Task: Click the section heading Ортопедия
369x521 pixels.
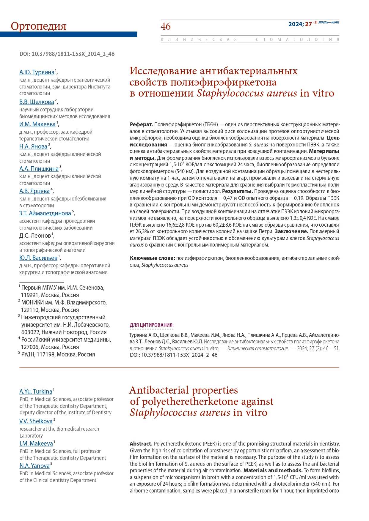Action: [x=38, y=26]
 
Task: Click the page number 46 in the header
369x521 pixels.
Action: [x=166, y=26]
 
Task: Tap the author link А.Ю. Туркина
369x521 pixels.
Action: [x=37, y=72]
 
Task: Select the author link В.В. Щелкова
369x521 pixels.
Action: [x=37, y=102]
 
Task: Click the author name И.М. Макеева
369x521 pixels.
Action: [x=37, y=124]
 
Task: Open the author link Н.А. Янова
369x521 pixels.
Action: [x=33, y=146]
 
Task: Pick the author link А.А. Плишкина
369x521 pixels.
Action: [x=39, y=169]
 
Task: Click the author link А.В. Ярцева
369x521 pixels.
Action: [x=34, y=191]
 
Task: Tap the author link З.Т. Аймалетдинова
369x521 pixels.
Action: [x=45, y=213]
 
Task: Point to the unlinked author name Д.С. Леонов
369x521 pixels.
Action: [x=35, y=236]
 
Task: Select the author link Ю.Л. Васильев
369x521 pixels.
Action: [x=38, y=258]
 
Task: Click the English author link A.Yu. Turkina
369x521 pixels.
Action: [x=36, y=391]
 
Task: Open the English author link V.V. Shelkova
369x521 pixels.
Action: [x=36, y=421]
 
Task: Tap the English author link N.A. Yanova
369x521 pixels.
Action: [x=34, y=466]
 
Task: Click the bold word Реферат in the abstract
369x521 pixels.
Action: [x=141, y=124]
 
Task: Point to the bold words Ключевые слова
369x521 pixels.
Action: [x=152, y=258]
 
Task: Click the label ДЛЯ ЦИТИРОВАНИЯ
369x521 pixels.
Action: [x=152, y=325]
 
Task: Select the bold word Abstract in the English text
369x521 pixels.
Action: [x=141, y=444]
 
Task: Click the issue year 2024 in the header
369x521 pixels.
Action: [x=295, y=24]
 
